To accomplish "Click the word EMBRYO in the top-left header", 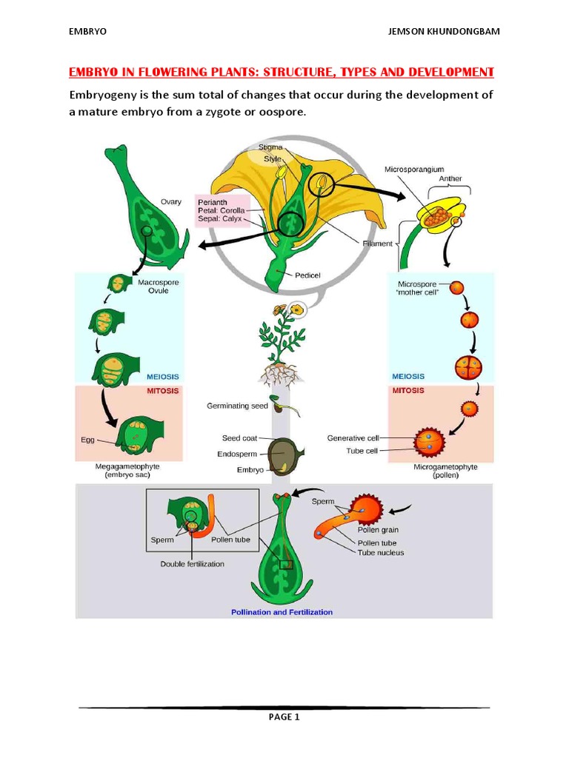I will point(88,32).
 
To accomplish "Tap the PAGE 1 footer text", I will point(284,717).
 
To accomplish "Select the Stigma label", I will point(270,147).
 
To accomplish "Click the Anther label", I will point(450,178).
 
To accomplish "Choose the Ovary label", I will point(171,201).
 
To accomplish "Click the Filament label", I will point(378,243).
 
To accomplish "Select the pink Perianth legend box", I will point(222,211).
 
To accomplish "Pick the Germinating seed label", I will point(236,406).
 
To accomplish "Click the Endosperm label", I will point(241,454).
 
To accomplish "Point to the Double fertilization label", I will point(192,563).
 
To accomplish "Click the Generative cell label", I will point(353,438).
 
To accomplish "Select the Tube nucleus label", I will point(381,552).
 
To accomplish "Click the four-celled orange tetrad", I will point(468,367).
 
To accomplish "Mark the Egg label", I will point(88,440).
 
